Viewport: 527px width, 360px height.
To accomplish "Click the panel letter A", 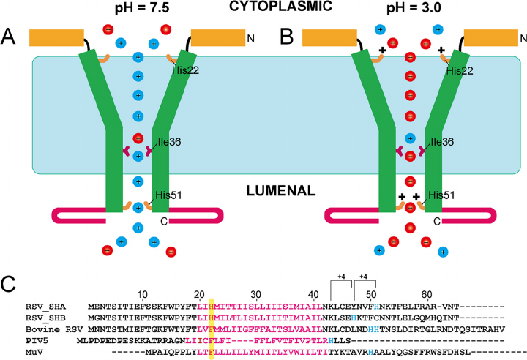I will [10, 36].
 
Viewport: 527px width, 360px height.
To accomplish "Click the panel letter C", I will [10, 282].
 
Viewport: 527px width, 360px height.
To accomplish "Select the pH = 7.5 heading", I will [138, 10].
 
